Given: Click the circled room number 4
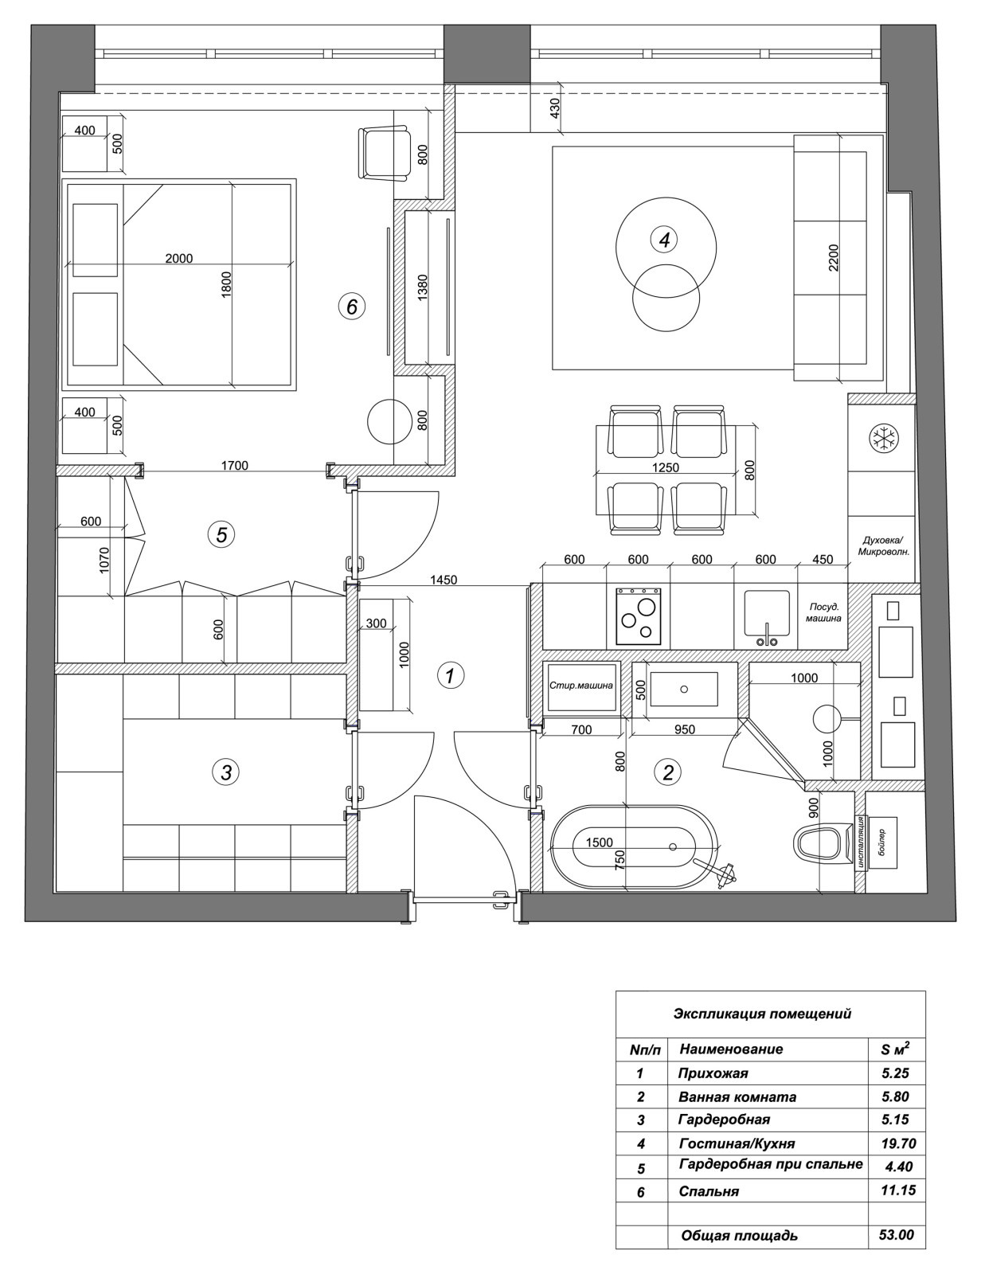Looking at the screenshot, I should [664, 239].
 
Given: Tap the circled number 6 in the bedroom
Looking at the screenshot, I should [351, 306].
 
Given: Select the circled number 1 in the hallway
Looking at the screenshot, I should [451, 676].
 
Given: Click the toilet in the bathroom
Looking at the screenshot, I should [819, 843].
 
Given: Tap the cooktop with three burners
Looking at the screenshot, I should [638, 617].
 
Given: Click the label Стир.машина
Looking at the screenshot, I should [581, 685].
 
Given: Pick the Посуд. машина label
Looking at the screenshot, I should [823, 612].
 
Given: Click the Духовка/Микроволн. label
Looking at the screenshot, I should [883, 545].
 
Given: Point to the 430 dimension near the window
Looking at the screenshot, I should [556, 108].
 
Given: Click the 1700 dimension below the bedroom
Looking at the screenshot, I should [234, 466].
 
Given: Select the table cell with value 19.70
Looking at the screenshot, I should [897, 1144].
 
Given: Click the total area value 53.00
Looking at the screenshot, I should [897, 1236].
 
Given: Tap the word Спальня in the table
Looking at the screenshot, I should [709, 1192].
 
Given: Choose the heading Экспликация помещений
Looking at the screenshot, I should [762, 1014].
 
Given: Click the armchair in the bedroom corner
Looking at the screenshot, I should [384, 153].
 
